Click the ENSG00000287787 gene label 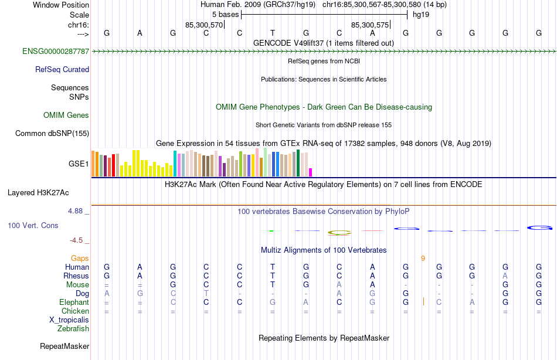[x=56, y=52]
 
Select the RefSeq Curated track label [x=62, y=70]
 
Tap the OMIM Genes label [x=66, y=116]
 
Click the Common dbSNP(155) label [x=52, y=134]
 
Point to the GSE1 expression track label [x=79, y=164]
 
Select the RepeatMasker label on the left [x=64, y=347]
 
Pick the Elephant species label [x=74, y=303]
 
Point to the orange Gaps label [x=80, y=258]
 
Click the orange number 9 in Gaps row [x=423, y=258]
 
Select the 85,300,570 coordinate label [x=204, y=25]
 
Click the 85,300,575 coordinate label [x=370, y=25]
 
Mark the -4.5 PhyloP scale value [x=77, y=240]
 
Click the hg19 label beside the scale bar [x=421, y=15]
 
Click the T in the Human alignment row [x=273, y=267]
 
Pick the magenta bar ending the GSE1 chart [x=311, y=172]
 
